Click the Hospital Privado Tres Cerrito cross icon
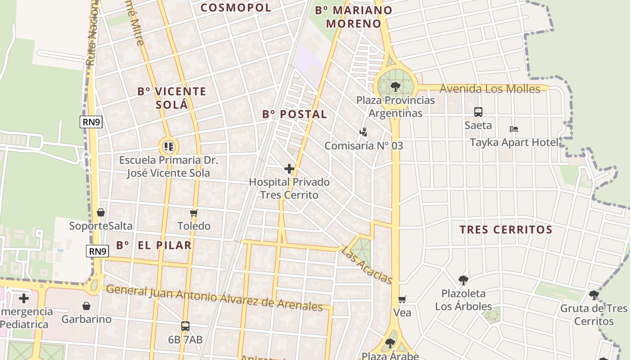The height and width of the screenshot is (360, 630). (289, 169)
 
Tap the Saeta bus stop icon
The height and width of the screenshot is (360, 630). (478, 112)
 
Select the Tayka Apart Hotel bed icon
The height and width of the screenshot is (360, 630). (514, 129)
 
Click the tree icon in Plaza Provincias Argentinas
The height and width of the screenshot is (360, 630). (395, 86)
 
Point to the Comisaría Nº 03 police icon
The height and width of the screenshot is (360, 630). (363, 132)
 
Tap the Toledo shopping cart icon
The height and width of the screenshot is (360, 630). (193, 213)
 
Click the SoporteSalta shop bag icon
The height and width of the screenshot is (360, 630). (101, 212)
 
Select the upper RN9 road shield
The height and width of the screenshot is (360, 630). (91, 122)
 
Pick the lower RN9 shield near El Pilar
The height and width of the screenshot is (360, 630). (98, 251)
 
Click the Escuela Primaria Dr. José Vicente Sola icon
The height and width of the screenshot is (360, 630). (169, 146)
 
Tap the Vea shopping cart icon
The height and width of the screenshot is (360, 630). (402, 299)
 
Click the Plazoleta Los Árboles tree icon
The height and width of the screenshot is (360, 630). (463, 280)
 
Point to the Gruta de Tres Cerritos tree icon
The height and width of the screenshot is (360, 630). (594, 295)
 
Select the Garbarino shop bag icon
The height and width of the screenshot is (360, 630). (86, 306)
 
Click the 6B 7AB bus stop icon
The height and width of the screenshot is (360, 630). (185, 326)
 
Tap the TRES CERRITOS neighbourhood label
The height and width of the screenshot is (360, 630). (506, 229)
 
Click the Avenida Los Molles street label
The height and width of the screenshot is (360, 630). (490, 89)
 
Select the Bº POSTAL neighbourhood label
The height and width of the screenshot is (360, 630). (295, 114)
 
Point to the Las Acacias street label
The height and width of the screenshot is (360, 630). (367, 265)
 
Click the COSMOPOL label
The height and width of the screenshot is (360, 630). (236, 8)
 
